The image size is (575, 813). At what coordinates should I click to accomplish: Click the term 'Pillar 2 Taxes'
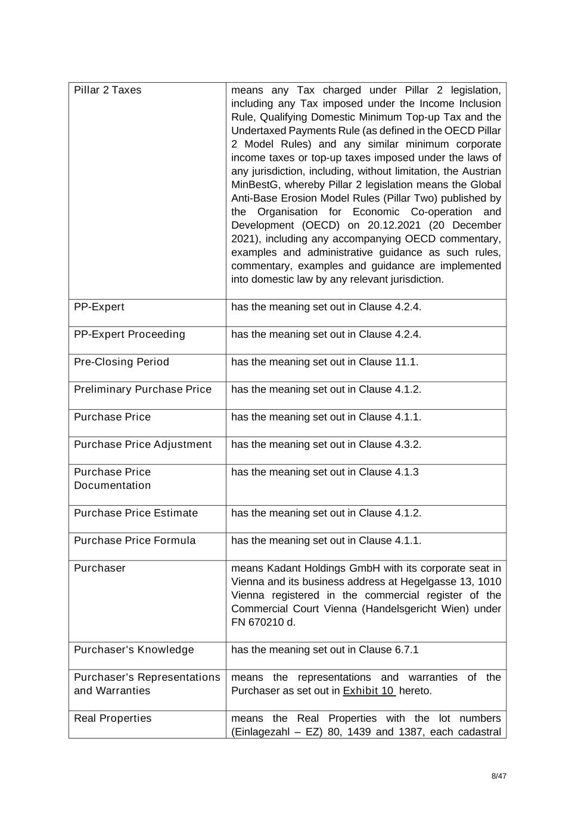coord(107,90)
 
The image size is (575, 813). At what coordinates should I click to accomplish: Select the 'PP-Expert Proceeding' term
coord(129,334)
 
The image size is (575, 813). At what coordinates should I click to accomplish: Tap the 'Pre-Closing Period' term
coord(122,362)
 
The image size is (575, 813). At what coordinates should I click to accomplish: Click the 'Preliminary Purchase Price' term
coord(142,389)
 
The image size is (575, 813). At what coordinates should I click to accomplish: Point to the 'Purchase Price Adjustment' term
coord(142,444)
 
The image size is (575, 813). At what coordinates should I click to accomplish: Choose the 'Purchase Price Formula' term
coord(135,540)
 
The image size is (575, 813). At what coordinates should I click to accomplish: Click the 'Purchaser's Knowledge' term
coord(133,649)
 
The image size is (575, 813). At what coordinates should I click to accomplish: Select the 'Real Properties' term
coord(113,718)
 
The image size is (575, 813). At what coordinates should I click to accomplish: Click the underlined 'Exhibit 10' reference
coord(369,690)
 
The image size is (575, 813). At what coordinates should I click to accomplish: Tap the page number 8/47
coord(499,776)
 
